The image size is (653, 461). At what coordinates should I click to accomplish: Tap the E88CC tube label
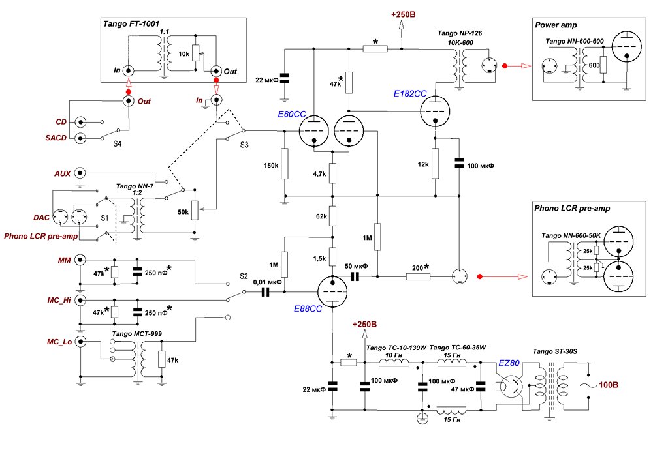306,309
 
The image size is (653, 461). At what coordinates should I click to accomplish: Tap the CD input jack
81,122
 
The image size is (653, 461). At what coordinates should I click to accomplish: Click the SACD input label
55,138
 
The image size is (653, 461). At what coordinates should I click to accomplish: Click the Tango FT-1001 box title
133,24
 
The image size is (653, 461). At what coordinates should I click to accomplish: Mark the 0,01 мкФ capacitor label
266,282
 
